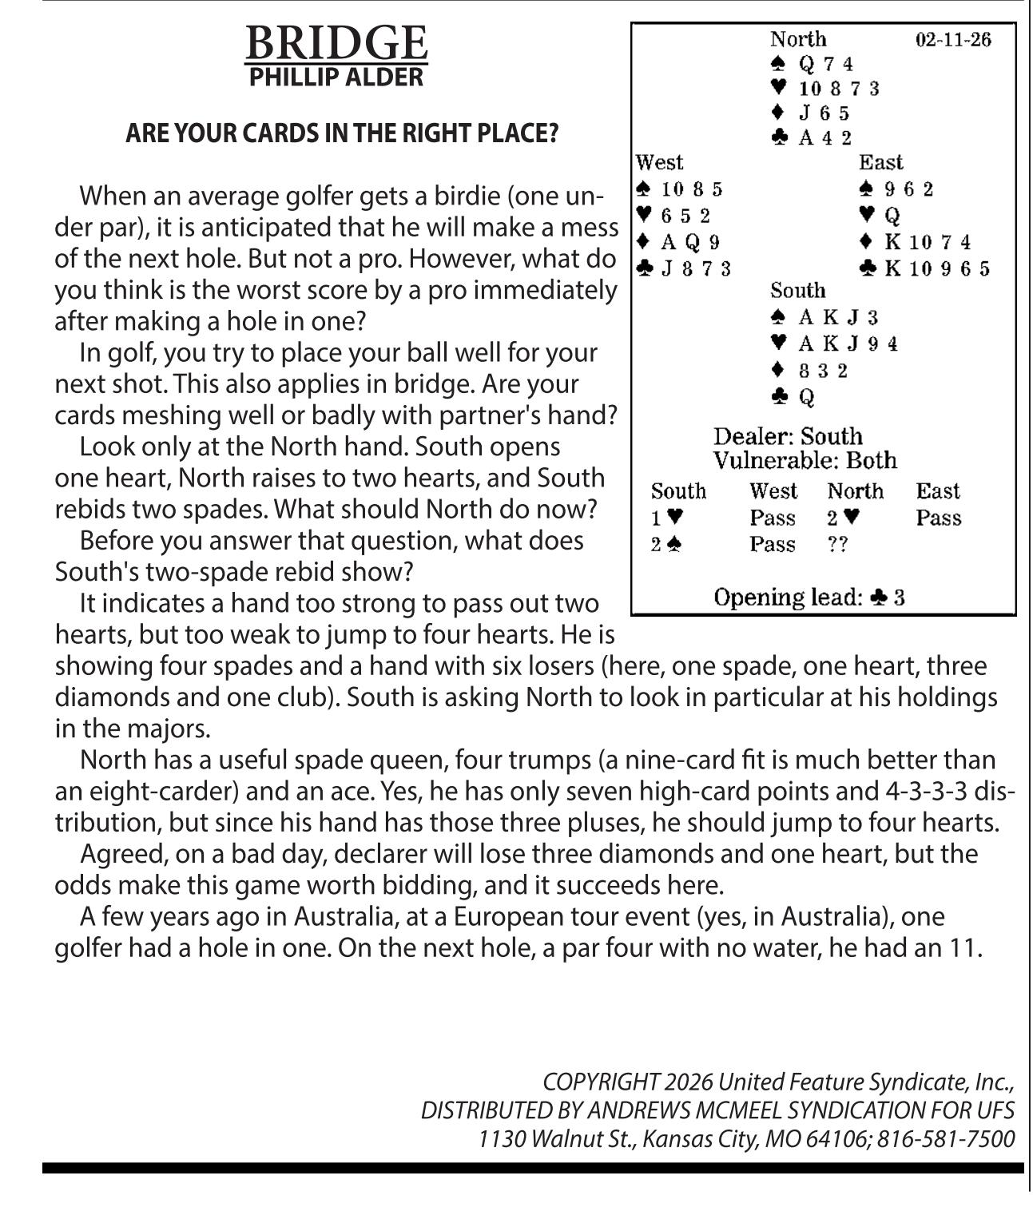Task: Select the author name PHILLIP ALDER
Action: pos(336,77)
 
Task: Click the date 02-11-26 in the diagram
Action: pos(953,40)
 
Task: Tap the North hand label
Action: pos(798,39)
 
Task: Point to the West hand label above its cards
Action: pos(659,163)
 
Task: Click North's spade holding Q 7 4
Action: pos(825,64)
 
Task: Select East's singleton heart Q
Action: pos(892,216)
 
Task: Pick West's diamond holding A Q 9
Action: pos(690,242)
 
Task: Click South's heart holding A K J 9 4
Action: pos(848,343)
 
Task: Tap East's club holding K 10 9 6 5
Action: pos(936,268)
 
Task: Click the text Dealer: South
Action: pos(788,436)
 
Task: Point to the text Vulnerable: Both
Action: pos(805,461)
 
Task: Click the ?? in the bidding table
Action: pos(837,545)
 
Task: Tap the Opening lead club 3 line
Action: pos(809,598)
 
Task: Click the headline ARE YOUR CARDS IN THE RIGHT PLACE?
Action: pos(342,133)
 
